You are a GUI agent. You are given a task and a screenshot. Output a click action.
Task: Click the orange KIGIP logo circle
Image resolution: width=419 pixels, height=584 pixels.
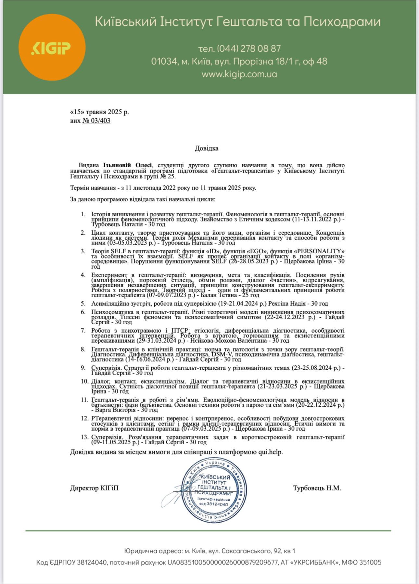click(x=52, y=47)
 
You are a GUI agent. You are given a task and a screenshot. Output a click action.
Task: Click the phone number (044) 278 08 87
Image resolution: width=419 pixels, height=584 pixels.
click(x=248, y=49)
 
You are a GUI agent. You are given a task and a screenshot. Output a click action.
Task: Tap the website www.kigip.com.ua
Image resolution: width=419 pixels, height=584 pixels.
click(x=239, y=74)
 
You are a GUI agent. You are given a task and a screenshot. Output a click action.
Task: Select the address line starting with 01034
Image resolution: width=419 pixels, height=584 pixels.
click(x=239, y=61)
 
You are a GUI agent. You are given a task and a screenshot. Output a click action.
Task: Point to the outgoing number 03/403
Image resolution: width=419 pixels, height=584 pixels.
click(x=96, y=121)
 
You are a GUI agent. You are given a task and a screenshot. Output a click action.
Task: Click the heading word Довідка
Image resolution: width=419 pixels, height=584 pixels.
click(x=207, y=148)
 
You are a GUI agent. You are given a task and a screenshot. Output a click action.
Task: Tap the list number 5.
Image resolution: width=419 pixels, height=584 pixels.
click(x=83, y=303)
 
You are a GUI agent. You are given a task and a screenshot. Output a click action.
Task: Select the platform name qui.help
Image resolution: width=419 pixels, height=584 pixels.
click(x=270, y=452)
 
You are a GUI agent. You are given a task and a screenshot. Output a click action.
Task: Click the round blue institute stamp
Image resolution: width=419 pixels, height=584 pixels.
click(x=214, y=489)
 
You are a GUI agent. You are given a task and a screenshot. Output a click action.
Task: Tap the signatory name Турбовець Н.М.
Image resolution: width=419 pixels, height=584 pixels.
click(x=317, y=488)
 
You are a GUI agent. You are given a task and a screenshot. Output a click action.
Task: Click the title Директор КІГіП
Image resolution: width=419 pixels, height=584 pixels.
click(x=94, y=488)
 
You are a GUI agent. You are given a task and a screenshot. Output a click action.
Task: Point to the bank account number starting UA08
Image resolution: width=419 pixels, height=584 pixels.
click(x=223, y=562)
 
